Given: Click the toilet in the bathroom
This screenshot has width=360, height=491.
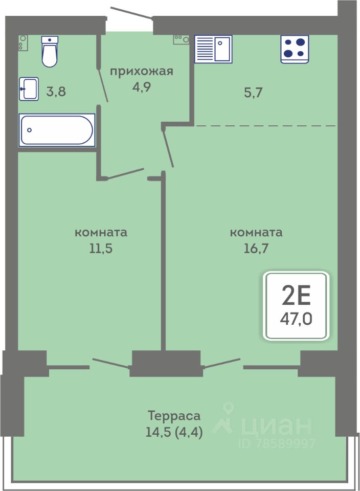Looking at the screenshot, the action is (x=50, y=51).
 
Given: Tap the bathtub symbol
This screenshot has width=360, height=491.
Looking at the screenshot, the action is (x=57, y=130).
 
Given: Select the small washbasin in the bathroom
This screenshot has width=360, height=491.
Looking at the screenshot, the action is (x=29, y=89).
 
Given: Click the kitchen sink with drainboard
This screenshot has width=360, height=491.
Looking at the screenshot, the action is (x=213, y=49).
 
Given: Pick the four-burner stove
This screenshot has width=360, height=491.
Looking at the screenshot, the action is (x=295, y=49).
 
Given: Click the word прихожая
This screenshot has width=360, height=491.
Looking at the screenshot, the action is (x=142, y=72).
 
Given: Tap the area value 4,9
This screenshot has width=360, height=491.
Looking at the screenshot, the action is (x=142, y=87).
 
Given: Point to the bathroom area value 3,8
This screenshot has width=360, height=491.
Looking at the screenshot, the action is (x=56, y=92).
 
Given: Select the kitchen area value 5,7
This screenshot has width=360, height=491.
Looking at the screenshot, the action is (x=253, y=93).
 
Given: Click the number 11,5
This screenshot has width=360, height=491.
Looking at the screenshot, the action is (x=101, y=249).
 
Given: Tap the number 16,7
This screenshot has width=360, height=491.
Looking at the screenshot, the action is (x=256, y=249).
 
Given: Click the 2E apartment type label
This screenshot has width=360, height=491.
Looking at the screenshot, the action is (x=296, y=296).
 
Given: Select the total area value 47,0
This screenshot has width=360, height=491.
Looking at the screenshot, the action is (x=296, y=319).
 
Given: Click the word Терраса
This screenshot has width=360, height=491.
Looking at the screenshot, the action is (x=174, y=416).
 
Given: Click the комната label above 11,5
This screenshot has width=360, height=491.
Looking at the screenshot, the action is (x=101, y=233).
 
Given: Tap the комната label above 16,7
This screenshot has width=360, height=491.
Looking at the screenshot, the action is (x=256, y=233).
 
